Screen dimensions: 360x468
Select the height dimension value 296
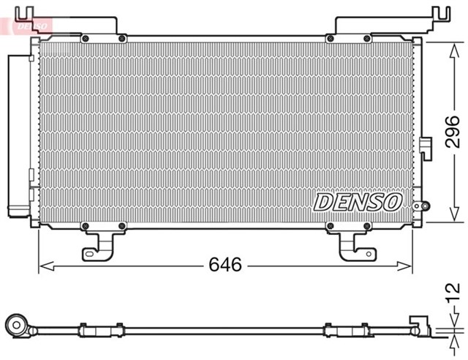[453, 132]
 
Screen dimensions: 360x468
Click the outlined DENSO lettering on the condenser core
[358, 201]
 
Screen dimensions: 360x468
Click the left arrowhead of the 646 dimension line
[42, 264]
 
